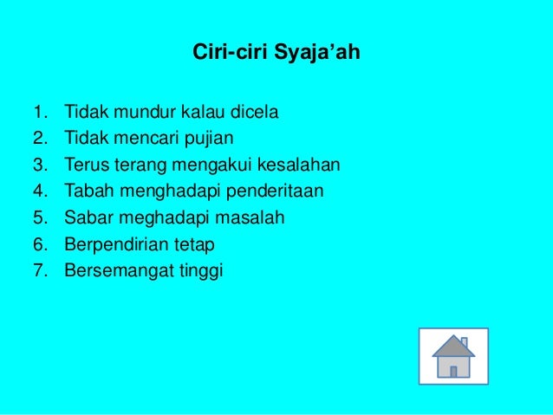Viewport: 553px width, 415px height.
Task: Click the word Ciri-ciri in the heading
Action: coord(230,55)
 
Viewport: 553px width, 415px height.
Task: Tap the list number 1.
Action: coord(39,112)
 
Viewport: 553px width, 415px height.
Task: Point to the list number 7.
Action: coord(39,271)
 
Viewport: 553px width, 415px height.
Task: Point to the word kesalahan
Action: coord(297,165)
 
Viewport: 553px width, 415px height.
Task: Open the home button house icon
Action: coord(453,355)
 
